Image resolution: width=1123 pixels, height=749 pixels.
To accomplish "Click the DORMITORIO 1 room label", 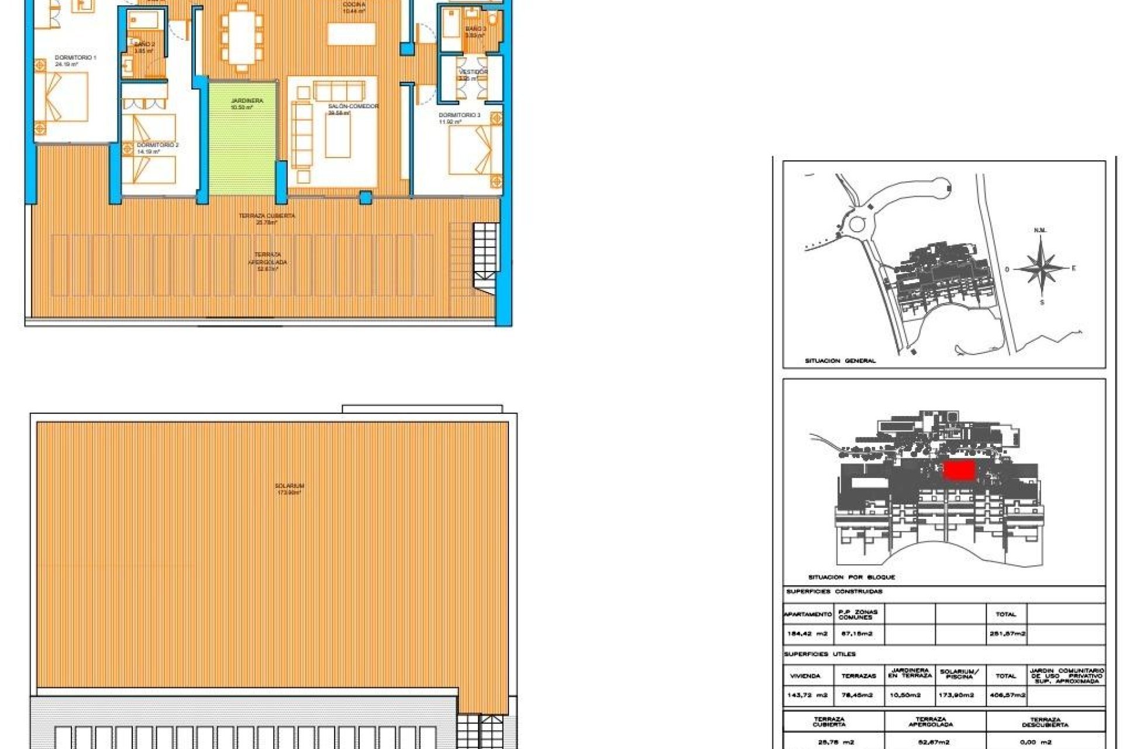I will (x=75, y=58).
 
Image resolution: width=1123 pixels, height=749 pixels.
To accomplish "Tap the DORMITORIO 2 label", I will (x=157, y=145).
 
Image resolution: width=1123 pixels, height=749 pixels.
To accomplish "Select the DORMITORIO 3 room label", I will (x=459, y=115).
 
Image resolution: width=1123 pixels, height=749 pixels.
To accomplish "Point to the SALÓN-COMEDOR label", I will (x=353, y=106).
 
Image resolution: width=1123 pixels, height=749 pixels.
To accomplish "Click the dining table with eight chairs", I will (x=242, y=37).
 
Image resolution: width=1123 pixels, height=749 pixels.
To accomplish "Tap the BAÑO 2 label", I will (x=144, y=44).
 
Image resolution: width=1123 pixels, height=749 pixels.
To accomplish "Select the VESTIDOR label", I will (x=473, y=72).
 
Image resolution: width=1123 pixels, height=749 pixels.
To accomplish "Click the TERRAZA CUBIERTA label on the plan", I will (x=267, y=216).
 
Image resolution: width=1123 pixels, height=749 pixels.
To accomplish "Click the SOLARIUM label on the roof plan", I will (x=290, y=486).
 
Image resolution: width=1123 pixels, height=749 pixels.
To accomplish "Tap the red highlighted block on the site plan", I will (x=959, y=470).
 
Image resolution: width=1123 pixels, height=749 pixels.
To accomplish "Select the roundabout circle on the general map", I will (x=857, y=224).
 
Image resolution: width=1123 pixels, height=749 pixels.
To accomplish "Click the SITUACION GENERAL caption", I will (x=840, y=361).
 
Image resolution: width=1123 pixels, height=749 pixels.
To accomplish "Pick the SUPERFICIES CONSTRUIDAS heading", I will (x=834, y=592).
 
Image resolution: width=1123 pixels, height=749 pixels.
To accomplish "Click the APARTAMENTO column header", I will (x=808, y=614).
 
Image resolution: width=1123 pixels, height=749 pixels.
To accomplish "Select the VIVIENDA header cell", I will (x=805, y=676).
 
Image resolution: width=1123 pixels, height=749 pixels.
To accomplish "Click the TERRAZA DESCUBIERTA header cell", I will (x=1045, y=723).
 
